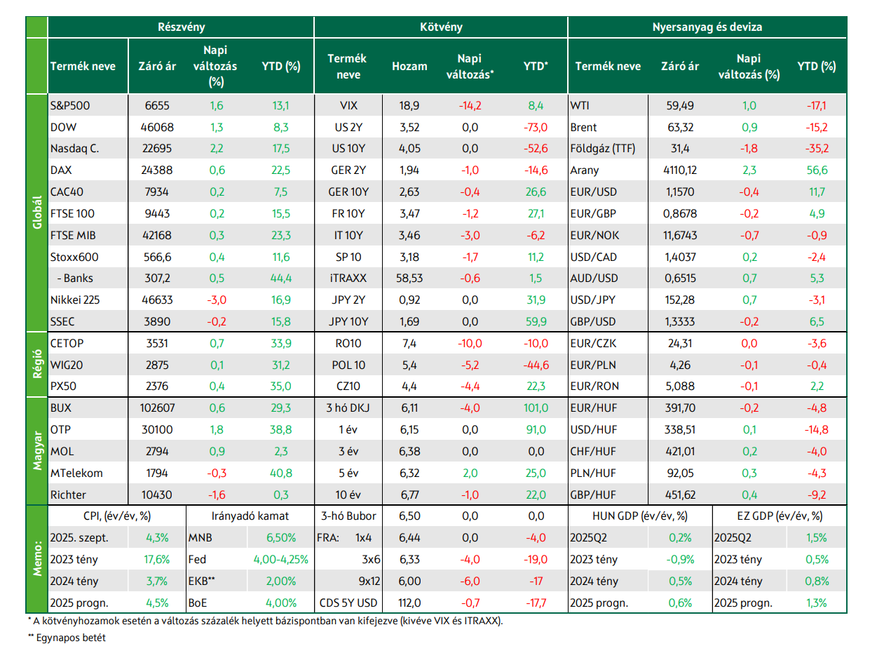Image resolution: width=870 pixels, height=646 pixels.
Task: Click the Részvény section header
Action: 181,27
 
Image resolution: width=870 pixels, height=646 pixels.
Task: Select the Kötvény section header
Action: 440,27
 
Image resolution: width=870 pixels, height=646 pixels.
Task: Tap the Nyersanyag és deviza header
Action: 707,27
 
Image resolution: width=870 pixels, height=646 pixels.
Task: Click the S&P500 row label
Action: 70,106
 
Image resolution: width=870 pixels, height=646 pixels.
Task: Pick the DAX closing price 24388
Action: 157,170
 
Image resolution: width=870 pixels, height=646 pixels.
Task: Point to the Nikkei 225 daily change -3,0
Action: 217,300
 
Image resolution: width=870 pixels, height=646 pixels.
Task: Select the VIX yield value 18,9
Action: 409,106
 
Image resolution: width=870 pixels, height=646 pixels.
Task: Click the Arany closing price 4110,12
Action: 680,170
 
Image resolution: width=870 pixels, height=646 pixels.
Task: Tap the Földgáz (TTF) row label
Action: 602,149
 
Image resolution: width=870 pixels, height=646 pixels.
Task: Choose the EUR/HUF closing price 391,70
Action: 680,408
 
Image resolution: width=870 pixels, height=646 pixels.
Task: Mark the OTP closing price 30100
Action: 157,429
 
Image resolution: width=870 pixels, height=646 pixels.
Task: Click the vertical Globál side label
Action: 37,213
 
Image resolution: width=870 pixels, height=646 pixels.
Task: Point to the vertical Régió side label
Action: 37,364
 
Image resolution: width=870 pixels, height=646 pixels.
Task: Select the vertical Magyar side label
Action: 37,450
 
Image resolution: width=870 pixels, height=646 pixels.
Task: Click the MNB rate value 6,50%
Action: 281,538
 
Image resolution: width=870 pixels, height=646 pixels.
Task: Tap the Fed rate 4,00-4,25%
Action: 281,559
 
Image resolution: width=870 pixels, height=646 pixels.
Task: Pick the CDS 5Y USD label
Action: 348,603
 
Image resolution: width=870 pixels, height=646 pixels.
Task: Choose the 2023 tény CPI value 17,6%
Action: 157,559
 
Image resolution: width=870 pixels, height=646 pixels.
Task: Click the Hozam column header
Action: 409,66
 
